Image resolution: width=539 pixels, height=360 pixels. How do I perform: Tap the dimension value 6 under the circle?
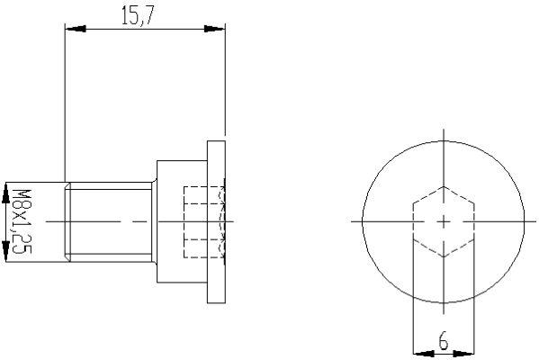(443, 340)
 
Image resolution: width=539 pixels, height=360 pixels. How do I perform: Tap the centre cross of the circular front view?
(443, 220)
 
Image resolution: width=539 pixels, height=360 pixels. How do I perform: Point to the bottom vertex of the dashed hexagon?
(443, 256)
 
